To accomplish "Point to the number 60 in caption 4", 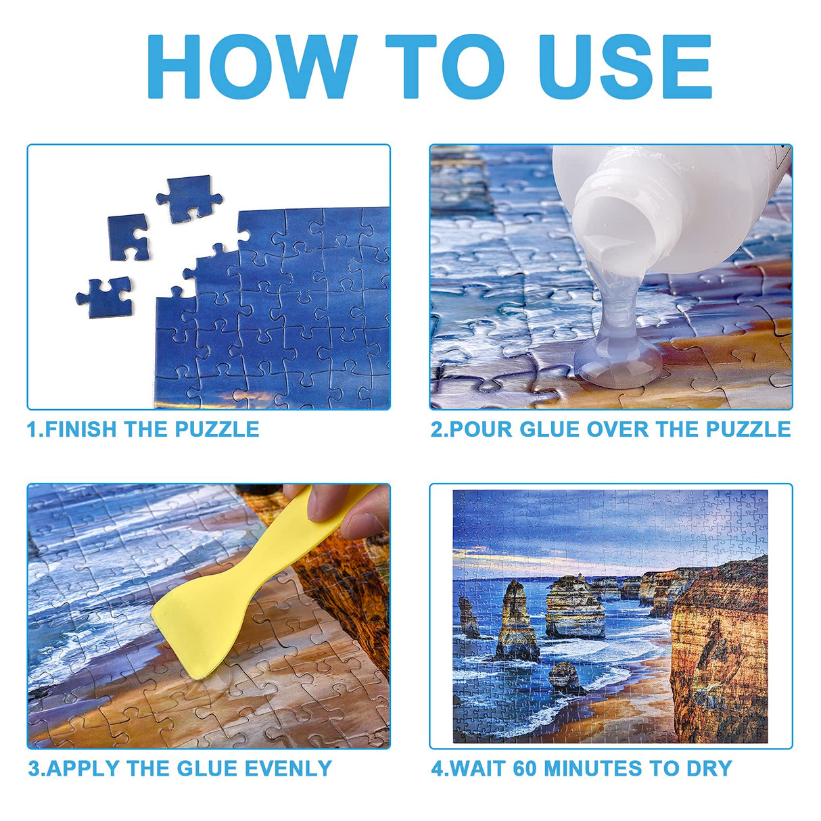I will coord(526,769).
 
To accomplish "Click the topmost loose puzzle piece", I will coord(189,197).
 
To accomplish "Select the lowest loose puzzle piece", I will coord(105,296).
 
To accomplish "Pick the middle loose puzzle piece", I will coord(128,236).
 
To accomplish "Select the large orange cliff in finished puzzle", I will coord(720,649).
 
